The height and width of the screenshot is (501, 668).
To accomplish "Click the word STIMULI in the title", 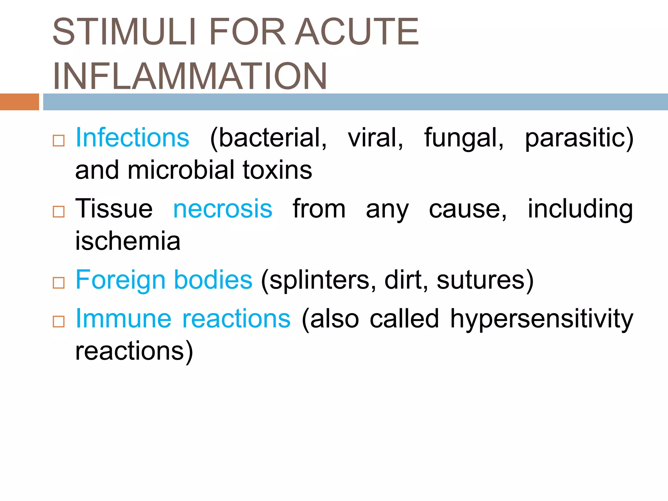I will [x=124, y=32].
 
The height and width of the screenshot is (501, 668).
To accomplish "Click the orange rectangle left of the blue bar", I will [x=19, y=102].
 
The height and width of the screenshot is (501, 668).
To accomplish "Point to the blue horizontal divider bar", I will [x=355, y=102].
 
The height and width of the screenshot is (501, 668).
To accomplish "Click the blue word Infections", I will [x=132, y=138].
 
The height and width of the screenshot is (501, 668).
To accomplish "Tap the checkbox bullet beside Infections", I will [x=59, y=141].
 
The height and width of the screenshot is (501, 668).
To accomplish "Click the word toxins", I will [x=277, y=170].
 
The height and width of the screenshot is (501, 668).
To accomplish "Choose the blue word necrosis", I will [x=222, y=209].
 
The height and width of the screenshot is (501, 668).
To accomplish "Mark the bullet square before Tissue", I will [x=59, y=212].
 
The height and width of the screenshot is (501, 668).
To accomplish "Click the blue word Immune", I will [x=123, y=318].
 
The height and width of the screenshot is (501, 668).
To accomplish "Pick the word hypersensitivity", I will [x=541, y=319].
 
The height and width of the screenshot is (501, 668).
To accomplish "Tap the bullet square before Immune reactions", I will [x=59, y=322].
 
